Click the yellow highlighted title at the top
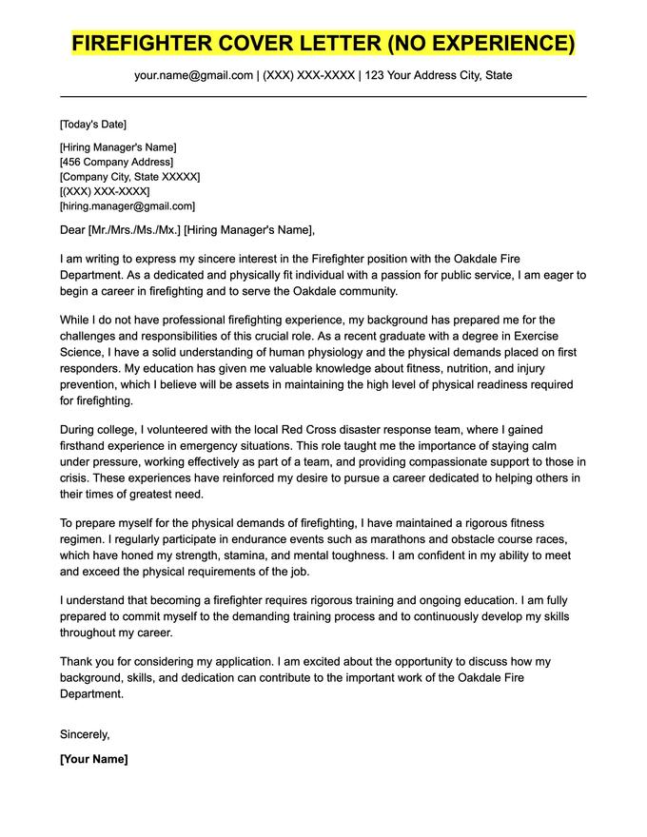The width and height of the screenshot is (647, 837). pos(323,44)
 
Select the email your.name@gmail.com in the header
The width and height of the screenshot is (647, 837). pos(194,75)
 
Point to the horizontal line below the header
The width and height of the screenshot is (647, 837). pos(323,96)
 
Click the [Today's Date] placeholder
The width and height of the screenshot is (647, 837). pos(92,124)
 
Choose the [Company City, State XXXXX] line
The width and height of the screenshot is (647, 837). pos(129,177)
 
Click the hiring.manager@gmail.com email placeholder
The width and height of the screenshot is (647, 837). pos(127,205)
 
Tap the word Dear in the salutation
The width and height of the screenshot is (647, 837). pos(72,229)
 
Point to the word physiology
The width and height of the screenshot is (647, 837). pos(298,354)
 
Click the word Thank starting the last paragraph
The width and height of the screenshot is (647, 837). pos(77,661)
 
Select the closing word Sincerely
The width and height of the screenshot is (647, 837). pos(85,733)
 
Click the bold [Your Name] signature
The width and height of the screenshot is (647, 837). pos(93,759)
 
